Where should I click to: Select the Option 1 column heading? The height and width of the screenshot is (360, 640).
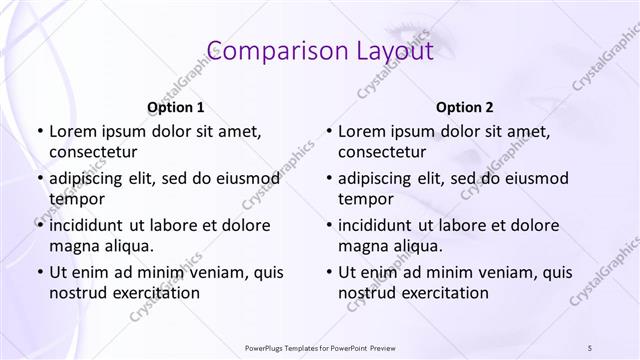click(x=176, y=107)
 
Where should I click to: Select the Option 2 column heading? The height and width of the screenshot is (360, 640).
click(x=465, y=107)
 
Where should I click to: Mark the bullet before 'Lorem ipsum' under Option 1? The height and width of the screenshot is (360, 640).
click(x=39, y=131)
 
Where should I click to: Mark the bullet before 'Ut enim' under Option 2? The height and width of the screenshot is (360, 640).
click(x=329, y=272)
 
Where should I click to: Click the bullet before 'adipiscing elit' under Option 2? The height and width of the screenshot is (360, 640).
click(x=329, y=179)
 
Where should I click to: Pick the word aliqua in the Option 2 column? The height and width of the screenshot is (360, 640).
click(x=419, y=245)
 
